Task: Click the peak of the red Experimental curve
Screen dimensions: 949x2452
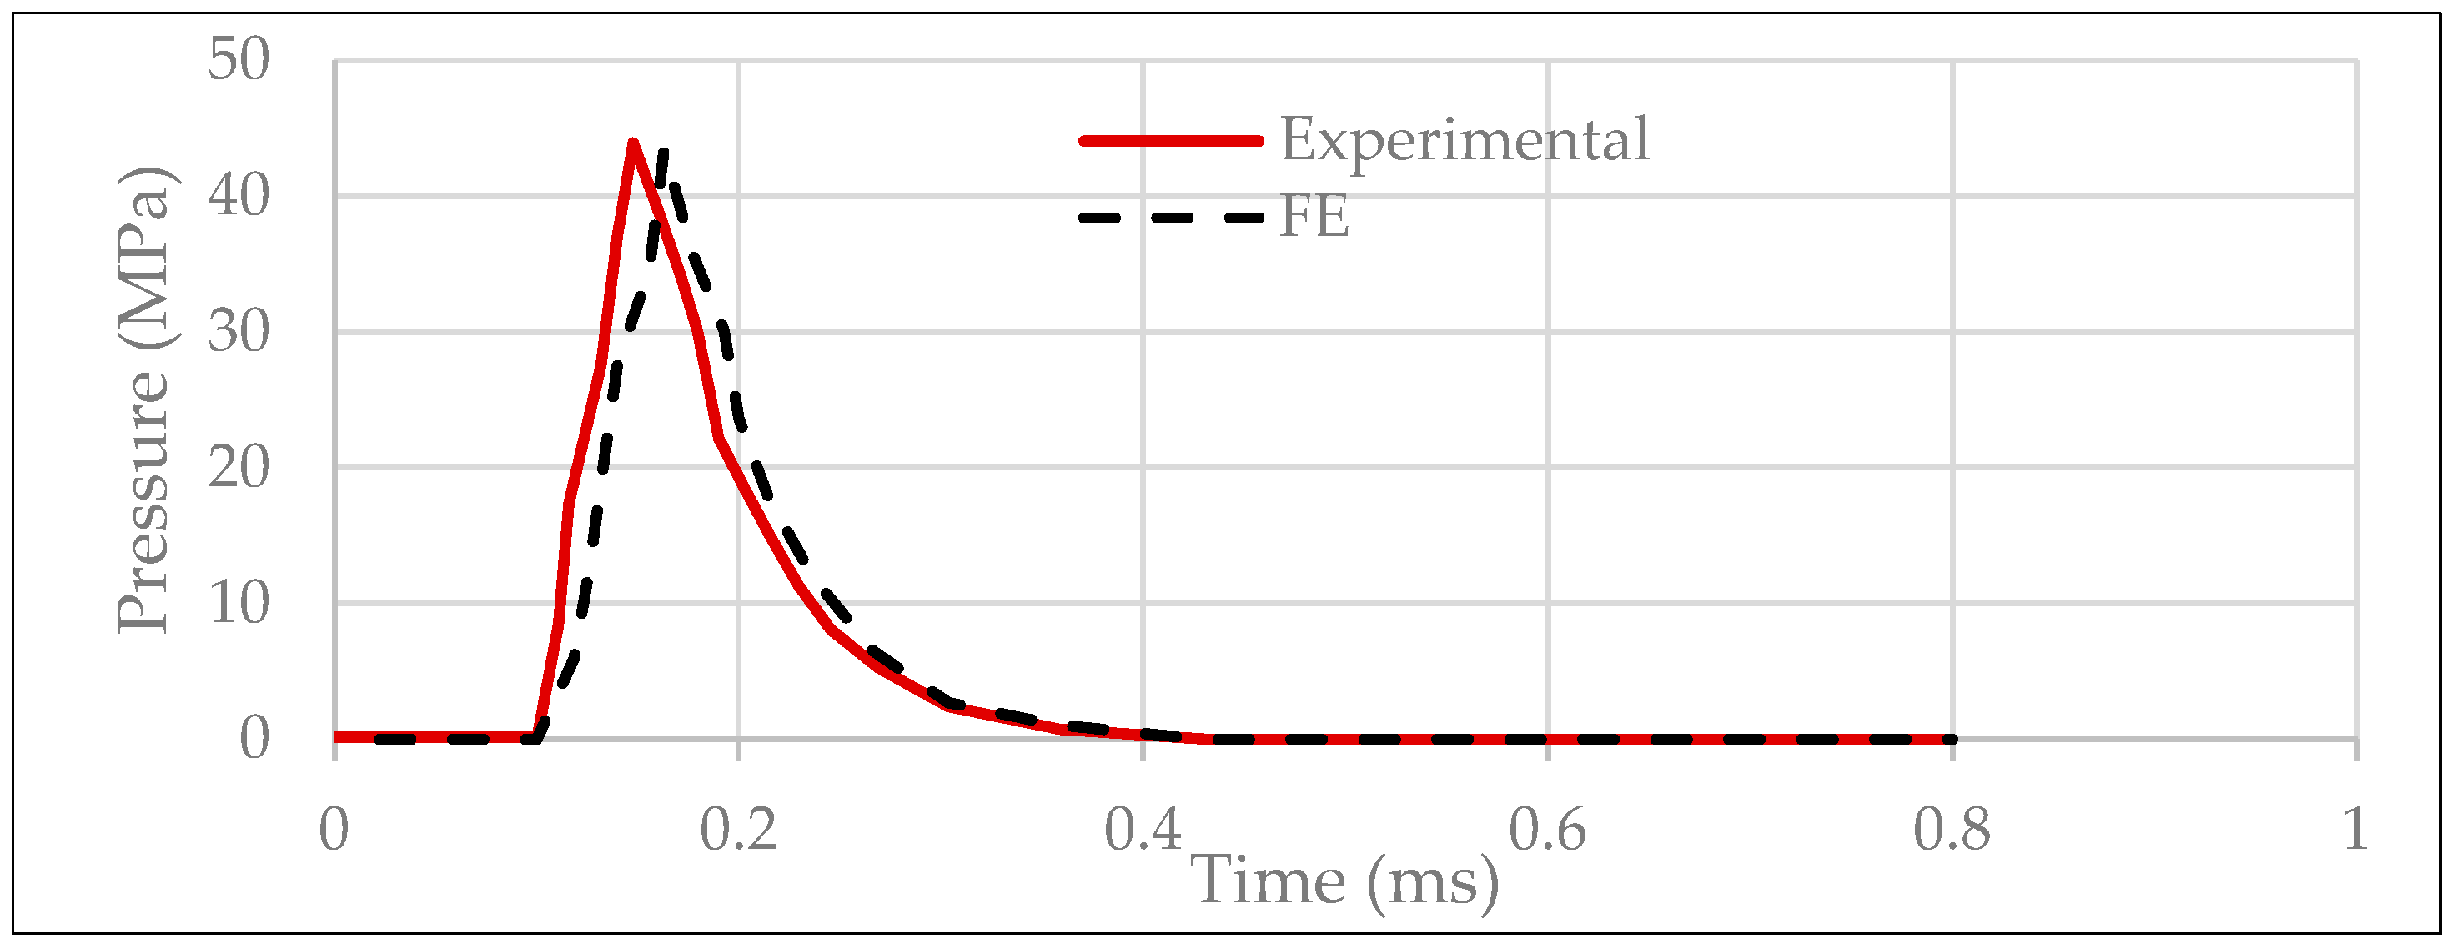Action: click(633, 143)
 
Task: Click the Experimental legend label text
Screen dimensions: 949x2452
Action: click(1464, 141)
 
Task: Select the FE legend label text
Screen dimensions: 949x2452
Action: click(1314, 217)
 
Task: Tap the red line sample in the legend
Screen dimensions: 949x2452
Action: click(1171, 141)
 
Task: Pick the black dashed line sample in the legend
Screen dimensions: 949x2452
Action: click(1171, 218)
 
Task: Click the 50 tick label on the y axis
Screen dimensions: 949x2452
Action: click(239, 60)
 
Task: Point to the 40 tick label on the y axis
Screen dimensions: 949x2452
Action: click(239, 197)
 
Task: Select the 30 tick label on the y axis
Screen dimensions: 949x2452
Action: click(239, 332)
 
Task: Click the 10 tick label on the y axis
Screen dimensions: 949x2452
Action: click(239, 604)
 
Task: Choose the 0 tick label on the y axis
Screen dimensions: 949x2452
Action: click(254, 739)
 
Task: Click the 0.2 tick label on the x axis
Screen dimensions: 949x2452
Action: click(739, 829)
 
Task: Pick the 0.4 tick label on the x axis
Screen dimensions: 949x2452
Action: click(1143, 829)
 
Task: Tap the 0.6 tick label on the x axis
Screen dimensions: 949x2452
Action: click(1548, 829)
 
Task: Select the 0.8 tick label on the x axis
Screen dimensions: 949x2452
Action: click(1952, 829)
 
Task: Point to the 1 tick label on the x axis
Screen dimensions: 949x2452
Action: click(2356, 829)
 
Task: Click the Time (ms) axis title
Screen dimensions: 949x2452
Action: click(1344, 881)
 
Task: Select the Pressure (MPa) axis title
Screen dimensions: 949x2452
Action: click(143, 399)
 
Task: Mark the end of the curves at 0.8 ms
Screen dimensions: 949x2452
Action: click(1952, 739)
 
